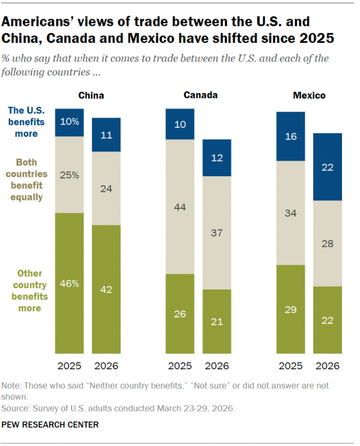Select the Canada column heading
200,95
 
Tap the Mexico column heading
309,96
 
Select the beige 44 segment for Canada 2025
179,207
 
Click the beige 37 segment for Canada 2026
217,233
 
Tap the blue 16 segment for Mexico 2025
290,136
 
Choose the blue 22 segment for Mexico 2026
327,167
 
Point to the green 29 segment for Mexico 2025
290,309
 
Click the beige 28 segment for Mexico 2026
327,243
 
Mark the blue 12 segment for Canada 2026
217,158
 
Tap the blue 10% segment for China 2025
69,122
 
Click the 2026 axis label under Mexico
327,366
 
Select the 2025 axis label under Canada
179,366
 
